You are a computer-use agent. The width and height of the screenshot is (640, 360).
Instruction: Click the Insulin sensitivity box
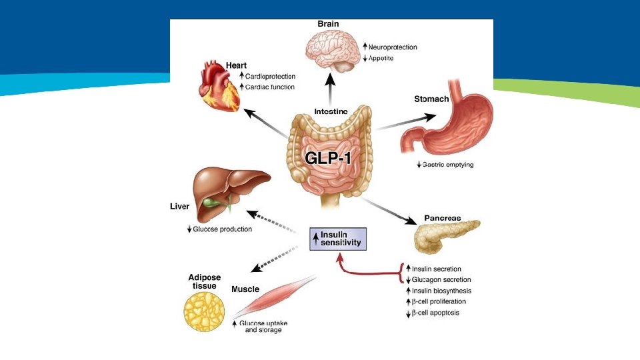coord(339,239)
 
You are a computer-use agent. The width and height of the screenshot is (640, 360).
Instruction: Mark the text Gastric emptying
coord(448,165)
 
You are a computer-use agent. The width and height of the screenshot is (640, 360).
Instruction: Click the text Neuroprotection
coord(393,47)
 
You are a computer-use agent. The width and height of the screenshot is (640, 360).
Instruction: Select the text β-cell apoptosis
coord(435,313)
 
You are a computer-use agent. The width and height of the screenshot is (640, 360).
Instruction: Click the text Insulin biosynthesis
coord(441,291)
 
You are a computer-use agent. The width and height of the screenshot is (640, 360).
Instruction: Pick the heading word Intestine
coord(331,111)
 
